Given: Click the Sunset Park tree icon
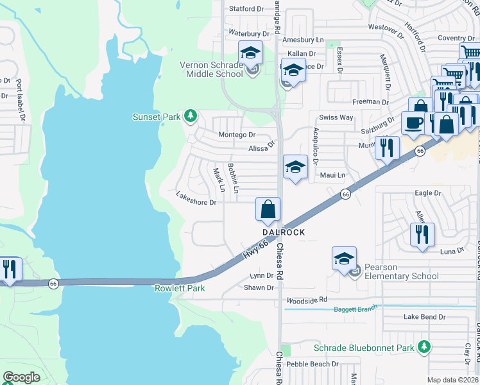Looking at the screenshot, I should [190, 116].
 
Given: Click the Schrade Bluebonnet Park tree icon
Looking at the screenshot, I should [424, 347].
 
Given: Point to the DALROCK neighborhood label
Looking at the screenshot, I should [282, 232].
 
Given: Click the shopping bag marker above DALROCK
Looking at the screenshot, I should [268, 209].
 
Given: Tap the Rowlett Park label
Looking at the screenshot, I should [180, 288].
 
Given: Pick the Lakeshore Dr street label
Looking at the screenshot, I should [196, 202].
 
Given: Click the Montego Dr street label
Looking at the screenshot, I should [237, 135].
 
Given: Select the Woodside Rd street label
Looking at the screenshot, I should [307, 300].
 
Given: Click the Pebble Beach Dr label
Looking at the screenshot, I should [312, 364].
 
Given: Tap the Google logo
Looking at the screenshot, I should [21, 377].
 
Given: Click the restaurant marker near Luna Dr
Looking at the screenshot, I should [422, 234].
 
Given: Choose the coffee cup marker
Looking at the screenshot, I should [412, 123].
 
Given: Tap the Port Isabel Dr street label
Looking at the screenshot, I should [21, 100].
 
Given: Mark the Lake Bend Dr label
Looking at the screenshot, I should [424, 317].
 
